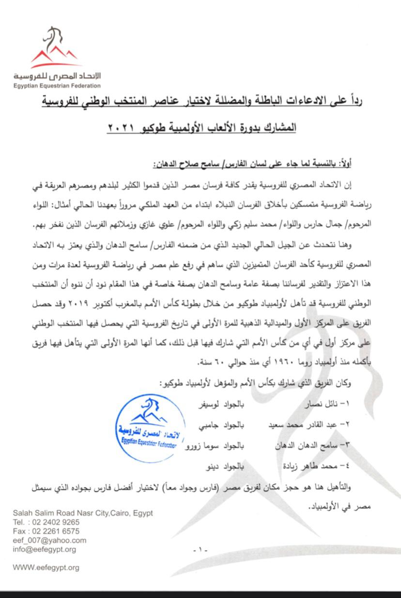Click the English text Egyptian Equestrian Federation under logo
57,86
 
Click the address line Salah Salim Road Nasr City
83,513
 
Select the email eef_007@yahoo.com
49,540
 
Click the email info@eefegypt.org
45,550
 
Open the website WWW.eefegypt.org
46,567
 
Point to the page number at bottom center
200,550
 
